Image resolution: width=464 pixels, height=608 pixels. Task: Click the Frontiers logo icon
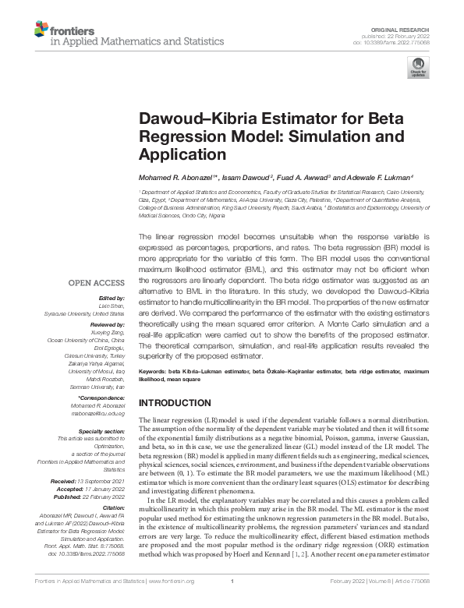(x=41, y=30)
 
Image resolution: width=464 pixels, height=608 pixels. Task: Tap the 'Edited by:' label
(x=112, y=298)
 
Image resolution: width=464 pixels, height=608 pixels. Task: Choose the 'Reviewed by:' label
(x=107, y=322)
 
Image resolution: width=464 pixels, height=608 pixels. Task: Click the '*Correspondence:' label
(x=101, y=398)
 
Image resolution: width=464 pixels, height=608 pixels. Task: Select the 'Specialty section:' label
(x=102, y=430)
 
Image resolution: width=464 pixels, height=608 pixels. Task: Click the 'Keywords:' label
(x=153, y=374)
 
